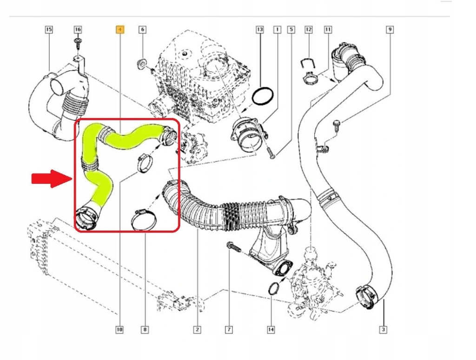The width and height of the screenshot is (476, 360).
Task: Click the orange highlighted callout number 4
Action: click(x=119, y=30)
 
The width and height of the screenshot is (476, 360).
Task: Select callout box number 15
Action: click(x=49, y=30)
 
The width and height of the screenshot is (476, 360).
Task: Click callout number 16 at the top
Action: click(x=78, y=30)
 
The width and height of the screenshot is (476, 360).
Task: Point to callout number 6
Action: click(x=142, y=30)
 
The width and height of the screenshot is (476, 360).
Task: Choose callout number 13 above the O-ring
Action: click(x=259, y=30)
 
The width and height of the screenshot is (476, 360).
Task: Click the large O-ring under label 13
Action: click(x=263, y=97)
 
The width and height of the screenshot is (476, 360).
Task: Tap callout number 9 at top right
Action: click(x=390, y=30)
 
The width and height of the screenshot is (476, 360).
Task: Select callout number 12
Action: click(x=308, y=30)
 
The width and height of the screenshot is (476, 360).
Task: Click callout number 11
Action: click(x=328, y=30)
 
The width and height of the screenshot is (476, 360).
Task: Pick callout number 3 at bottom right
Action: click(x=383, y=330)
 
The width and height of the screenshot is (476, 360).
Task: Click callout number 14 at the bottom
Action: click(x=271, y=330)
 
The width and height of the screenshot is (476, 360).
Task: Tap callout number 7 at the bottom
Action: click(x=229, y=330)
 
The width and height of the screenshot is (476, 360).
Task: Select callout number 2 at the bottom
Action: click(x=197, y=330)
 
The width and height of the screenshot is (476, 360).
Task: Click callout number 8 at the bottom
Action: click(x=145, y=330)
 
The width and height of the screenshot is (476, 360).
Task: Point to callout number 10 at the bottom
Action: click(x=119, y=330)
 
